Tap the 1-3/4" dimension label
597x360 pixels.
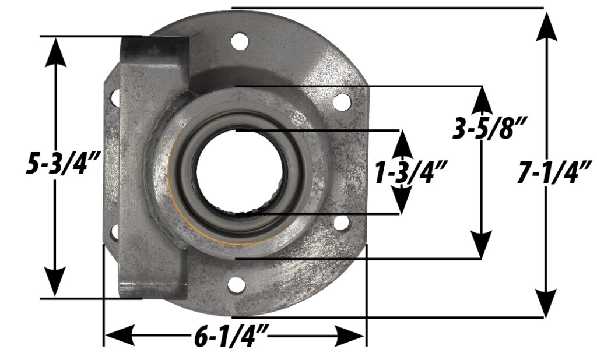(411, 173)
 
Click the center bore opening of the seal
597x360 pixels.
(241, 173)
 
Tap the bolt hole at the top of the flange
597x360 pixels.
(237, 41)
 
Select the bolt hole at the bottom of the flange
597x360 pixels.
(236, 285)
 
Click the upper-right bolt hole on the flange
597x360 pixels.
(342, 103)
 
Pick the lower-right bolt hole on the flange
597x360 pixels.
(342, 224)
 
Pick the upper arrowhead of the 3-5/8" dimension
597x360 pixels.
(482, 99)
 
